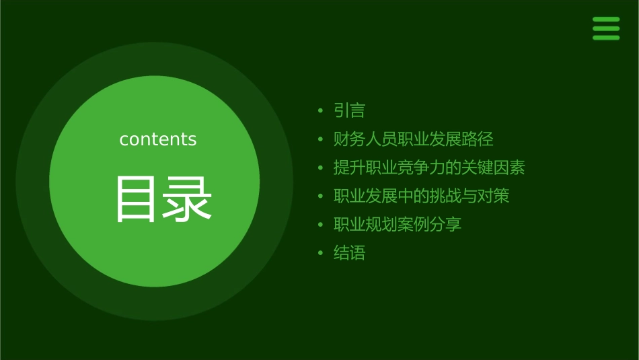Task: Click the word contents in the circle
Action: coord(158,139)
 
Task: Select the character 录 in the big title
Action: coord(188,199)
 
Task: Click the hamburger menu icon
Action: coord(606,29)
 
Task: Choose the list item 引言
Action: coord(349,110)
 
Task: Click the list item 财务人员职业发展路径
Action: coord(413,139)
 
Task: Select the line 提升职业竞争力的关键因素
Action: coord(429,168)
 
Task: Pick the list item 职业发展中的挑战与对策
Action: coord(421,196)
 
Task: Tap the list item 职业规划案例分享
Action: coord(398,224)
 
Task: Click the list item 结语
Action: coord(349,253)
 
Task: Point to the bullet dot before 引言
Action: coord(321,111)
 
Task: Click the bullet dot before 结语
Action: coord(321,254)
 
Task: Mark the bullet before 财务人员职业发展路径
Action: coord(321,140)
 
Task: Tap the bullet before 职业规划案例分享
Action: coord(321,225)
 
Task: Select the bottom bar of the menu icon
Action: coord(606,38)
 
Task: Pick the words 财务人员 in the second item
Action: coord(365,139)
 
